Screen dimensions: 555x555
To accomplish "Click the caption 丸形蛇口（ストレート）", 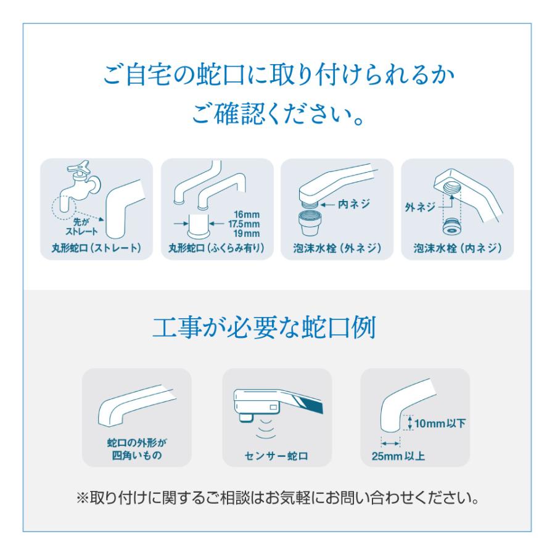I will [x=96, y=249].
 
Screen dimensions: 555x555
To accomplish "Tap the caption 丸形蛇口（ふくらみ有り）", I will [x=216, y=249].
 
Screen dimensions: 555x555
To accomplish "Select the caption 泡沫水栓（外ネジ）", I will [x=337, y=249].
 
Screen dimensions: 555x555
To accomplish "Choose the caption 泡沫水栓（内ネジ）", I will [x=457, y=249].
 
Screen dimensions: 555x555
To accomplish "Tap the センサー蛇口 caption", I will [x=276, y=457].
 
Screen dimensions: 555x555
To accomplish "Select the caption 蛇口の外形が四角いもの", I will [x=136, y=450].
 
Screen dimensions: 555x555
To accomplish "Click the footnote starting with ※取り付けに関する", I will [x=277, y=497].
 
